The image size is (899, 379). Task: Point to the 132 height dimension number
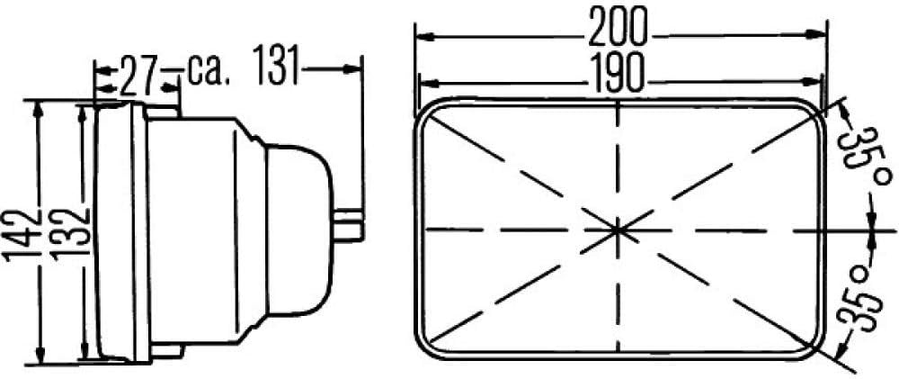(x=70, y=234)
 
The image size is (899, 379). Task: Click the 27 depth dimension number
(x=138, y=76)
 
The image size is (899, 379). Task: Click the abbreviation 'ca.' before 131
(x=209, y=72)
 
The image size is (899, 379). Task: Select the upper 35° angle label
(x=860, y=151)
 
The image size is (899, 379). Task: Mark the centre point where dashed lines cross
(x=618, y=230)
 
